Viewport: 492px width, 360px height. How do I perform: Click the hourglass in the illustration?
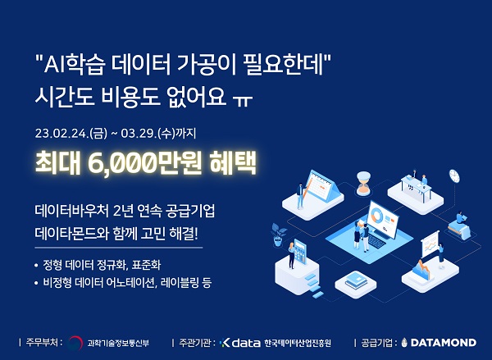coord(363,181)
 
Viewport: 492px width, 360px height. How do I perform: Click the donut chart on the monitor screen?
coord(378,217)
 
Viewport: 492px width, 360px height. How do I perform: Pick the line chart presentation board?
coord(432,244)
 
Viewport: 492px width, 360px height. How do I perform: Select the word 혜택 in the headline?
coord(233,161)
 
